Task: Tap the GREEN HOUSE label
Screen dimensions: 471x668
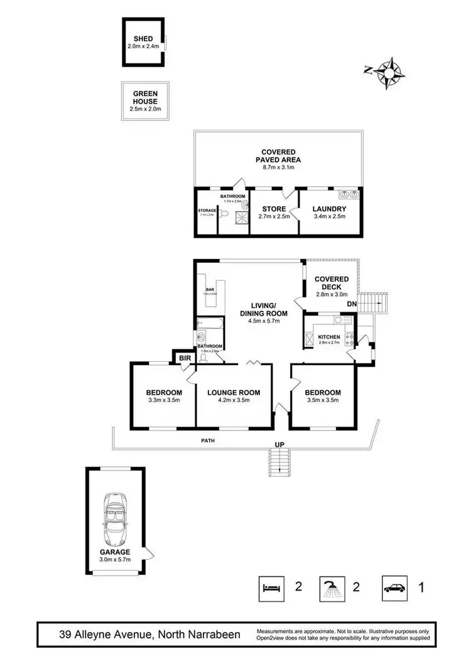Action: pos(144,97)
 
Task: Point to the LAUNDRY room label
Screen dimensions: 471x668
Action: pos(329,209)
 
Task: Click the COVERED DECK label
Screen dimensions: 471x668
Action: pos(331,283)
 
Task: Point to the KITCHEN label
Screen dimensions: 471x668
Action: pos(328,337)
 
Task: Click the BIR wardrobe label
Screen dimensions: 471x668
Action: pos(185,358)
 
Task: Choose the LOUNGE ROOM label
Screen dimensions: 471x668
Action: pos(234,393)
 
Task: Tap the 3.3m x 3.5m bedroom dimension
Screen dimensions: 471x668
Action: pos(163,400)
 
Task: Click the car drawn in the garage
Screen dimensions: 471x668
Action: pos(115,519)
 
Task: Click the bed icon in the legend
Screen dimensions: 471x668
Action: pos(271,588)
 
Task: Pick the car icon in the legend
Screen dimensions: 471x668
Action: pos(395,588)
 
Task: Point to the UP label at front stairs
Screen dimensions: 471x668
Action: pos(279,445)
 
